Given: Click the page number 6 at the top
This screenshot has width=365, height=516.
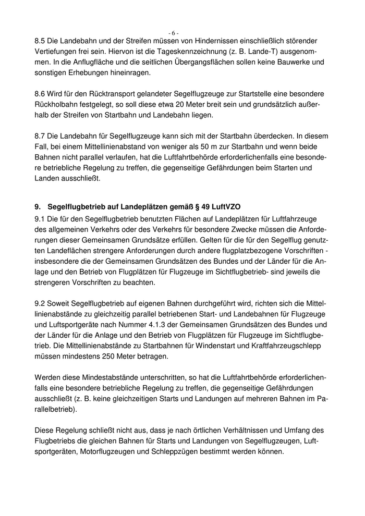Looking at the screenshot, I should tap(174, 33).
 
